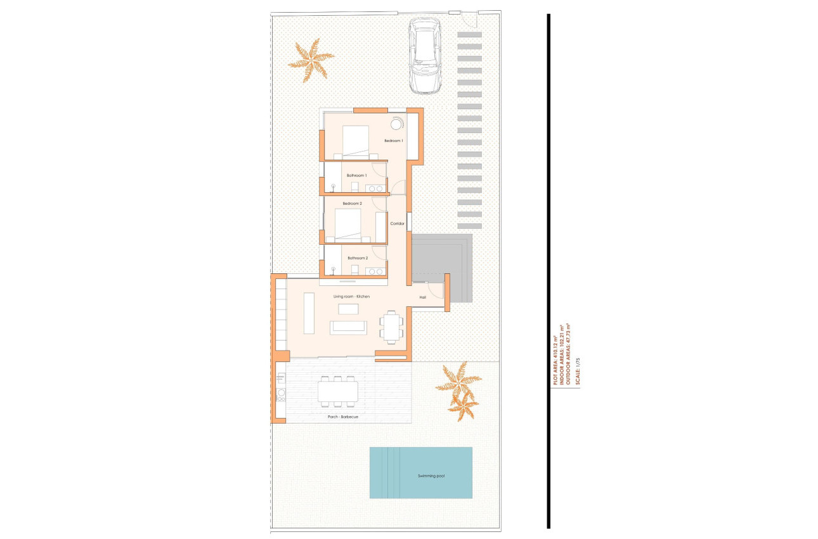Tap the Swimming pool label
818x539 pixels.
coord(431,476)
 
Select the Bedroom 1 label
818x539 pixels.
coord(393,140)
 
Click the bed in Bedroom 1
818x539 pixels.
coord(355,141)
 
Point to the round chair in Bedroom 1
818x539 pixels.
coord(397,124)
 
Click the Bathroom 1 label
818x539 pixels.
coord(356,175)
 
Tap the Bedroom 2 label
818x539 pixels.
coord(352,204)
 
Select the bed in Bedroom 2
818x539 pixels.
coord(347,225)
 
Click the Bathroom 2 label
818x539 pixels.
coord(357,258)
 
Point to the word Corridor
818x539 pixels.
coord(397,223)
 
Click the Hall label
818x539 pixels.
coord(422,297)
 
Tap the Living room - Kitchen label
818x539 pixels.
coord(351,296)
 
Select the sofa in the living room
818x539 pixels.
coord(348,327)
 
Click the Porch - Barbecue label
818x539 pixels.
coord(343,417)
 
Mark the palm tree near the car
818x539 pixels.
coord(311,61)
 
